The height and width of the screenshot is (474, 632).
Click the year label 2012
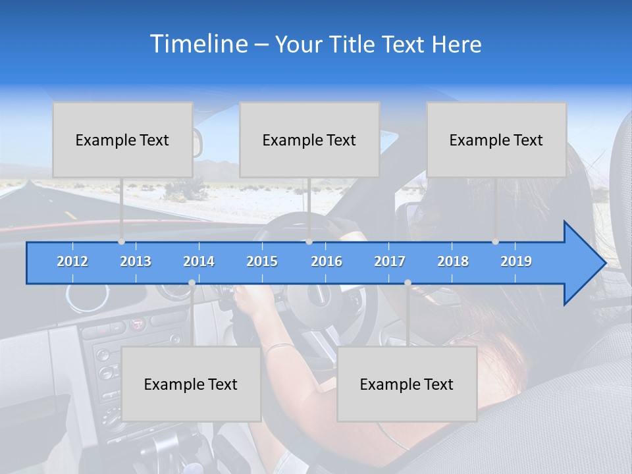pyautogui.click(x=72, y=261)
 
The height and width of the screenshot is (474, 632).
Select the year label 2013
pyautogui.click(x=136, y=261)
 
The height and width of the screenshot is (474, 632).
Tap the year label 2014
pyautogui.click(x=199, y=261)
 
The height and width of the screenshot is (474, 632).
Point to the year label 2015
pyautogui.click(x=262, y=261)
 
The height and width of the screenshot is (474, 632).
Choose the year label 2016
pyautogui.click(x=327, y=261)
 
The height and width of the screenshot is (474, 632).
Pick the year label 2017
pyautogui.click(x=390, y=261)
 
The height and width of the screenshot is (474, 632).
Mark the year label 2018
pyautogui.click(x=453, y=261)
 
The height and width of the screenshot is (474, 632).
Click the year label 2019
pyautogui.click(x=516, y=261)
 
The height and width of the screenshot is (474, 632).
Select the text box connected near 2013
pyautogui.click(x=122, y=140)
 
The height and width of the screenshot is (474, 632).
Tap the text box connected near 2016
pyautogui.click(x=309, y=140)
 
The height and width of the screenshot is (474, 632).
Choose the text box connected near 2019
pyautogui.click(x=496, y=140)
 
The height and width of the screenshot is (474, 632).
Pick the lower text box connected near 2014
pyautogui.click(x=191, y=384)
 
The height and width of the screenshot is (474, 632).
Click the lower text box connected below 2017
pyautogui.click(x=407, y=384)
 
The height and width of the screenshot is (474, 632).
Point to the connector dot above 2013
pyautogui.click(x=122, y=242)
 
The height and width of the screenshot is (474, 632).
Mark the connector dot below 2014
pyautogui.click(x=192, y=282)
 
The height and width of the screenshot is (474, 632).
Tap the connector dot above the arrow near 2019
pyautogui.click(x=496, y=242)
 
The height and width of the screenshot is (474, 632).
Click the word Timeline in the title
pyautogui.click(x=197, y=44)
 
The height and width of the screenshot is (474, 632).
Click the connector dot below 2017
pyautogui.click(x=408, y=282)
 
